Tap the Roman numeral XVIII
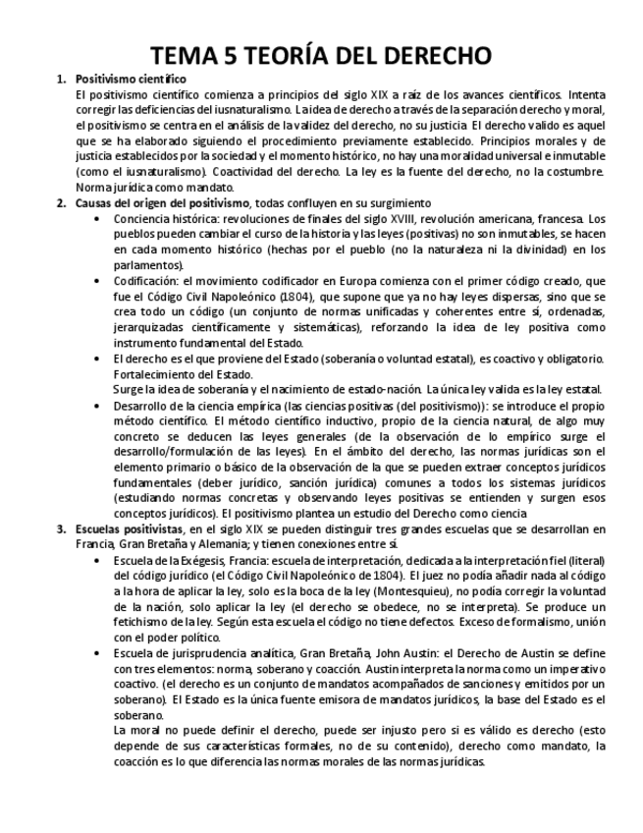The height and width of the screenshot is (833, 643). point(387,218)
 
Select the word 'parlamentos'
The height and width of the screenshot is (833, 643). point(147,264)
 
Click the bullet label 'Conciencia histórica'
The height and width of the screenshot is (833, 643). point(168,218)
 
